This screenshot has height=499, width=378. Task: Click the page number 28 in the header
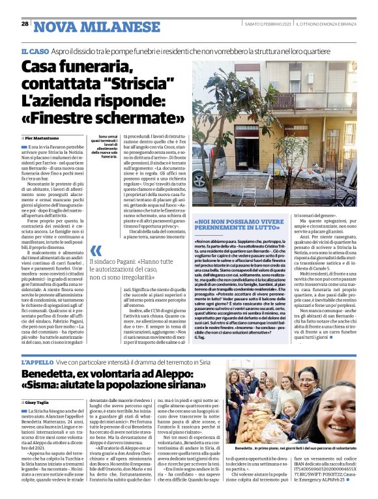[25, 23]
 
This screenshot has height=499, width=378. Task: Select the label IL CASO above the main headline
[34, 51]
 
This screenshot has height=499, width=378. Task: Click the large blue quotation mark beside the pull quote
[96, 251]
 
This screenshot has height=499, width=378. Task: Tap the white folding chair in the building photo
[249, 195]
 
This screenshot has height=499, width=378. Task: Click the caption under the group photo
[294, 449]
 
